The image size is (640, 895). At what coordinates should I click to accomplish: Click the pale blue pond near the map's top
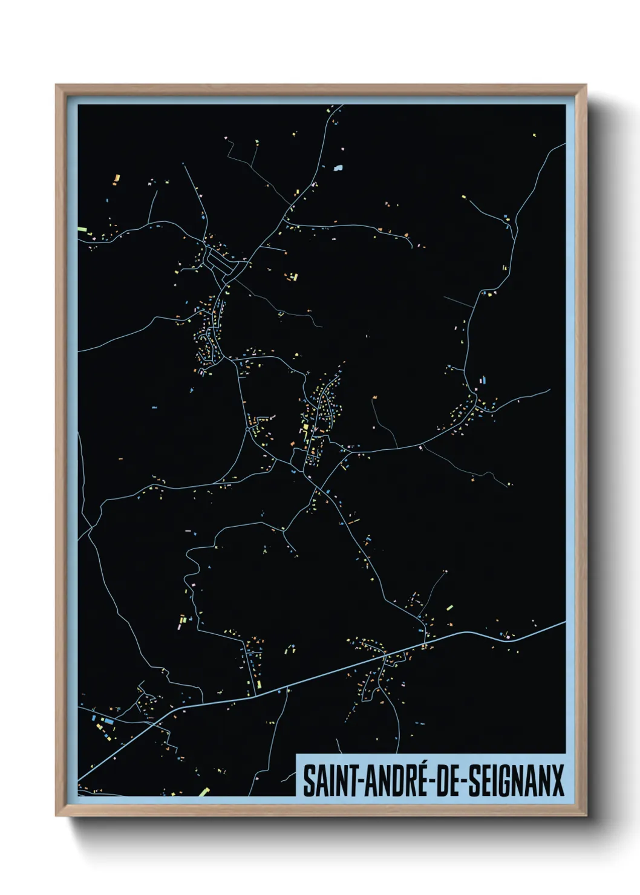click(338, 168)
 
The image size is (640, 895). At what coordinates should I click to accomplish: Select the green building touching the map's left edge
click(82, 229)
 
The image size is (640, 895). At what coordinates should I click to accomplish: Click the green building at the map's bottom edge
click(203, 792)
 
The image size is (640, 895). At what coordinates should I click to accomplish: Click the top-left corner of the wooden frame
click(57, 85)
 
